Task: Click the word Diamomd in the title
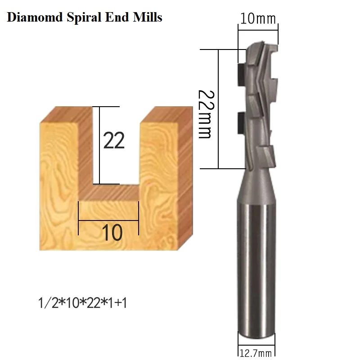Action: coord(34,18)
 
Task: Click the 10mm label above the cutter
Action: coord(257,19)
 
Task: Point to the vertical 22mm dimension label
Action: coord(205,113)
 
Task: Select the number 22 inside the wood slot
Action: coord(114,141)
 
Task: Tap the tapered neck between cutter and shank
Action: coord(256,184)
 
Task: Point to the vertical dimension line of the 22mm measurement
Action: coord(218,108)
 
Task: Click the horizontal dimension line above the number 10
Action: coord(108,221)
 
